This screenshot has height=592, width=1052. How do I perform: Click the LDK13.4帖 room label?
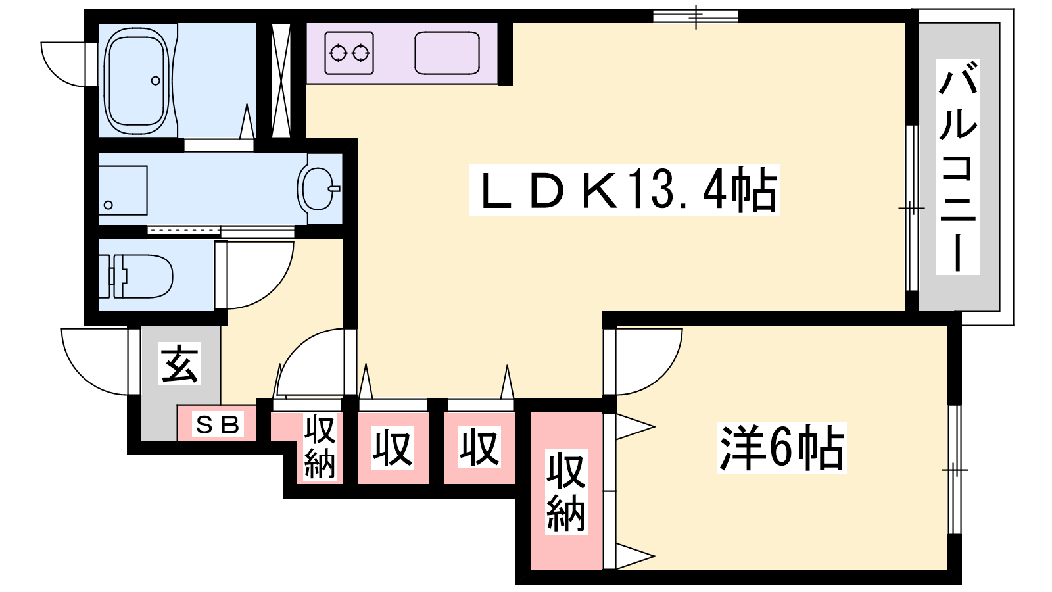[x=625, y=190]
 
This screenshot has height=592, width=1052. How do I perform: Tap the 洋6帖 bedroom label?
[x=782, y=447]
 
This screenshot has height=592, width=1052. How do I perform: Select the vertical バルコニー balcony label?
[x=957, y=167]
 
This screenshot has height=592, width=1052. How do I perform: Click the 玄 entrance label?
[x=179, y=364]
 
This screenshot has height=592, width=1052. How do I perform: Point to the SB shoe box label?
[x=218, y=425]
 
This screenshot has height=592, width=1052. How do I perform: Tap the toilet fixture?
[x=135, y=276]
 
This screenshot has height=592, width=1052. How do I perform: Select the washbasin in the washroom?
[x=318, y=189]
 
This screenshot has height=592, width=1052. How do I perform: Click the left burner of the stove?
[x=337, y=53]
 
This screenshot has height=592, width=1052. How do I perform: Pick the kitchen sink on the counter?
[x=446, y=53]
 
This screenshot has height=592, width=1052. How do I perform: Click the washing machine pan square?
[x=122, y=190]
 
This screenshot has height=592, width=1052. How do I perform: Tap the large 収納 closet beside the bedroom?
[x=566, y=491]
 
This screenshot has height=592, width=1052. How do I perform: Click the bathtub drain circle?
[x=155, y=81]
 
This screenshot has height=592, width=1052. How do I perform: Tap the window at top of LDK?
[x=696, y=16]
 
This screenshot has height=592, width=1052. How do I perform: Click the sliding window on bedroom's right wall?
[x=955, y=470]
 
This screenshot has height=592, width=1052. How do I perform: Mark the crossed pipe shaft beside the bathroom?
[x=281, y=80]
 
